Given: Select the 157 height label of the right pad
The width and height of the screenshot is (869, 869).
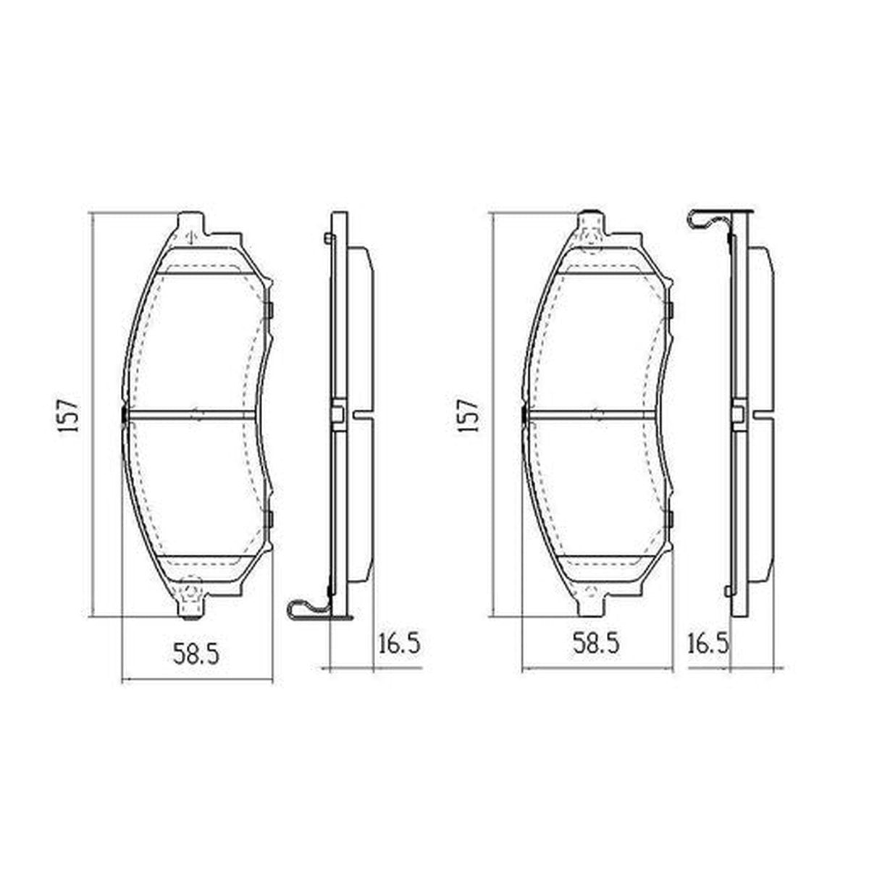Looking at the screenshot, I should [x=469, y=415].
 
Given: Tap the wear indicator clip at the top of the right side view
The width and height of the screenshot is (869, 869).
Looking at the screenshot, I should [x=710, y=219].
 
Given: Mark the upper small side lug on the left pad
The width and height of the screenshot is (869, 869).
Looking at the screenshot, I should [x=269, y=311].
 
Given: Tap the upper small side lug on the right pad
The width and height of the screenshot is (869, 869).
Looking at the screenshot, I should [x=670, y=311].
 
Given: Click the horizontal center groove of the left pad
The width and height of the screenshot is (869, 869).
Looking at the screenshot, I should [x=192, y=415].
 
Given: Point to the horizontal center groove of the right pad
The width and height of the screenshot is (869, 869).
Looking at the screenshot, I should [x=592, y=415].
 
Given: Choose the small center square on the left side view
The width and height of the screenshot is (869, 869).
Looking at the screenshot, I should [x=337, y=415].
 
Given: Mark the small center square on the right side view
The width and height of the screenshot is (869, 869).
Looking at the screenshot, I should [x=738, y=415].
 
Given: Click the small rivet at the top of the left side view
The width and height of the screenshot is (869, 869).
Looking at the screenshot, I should [x=329, y=238].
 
